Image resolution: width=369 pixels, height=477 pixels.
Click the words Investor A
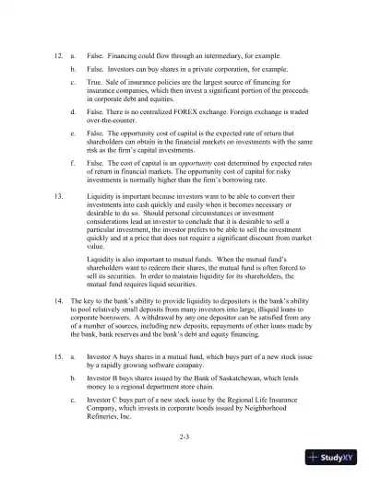[106, 354]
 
